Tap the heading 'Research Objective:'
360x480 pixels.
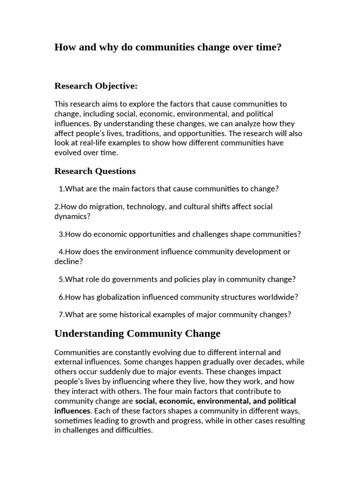(96, 86)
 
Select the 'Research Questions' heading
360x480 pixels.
(95, 171)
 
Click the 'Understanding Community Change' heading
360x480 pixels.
(137, 334)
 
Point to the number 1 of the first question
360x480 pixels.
(61, 189)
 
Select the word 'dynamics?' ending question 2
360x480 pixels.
(72, 217)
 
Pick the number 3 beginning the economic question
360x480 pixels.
(61, 234)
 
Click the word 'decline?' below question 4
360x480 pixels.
(69, 262)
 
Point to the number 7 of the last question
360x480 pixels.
(61, 315)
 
